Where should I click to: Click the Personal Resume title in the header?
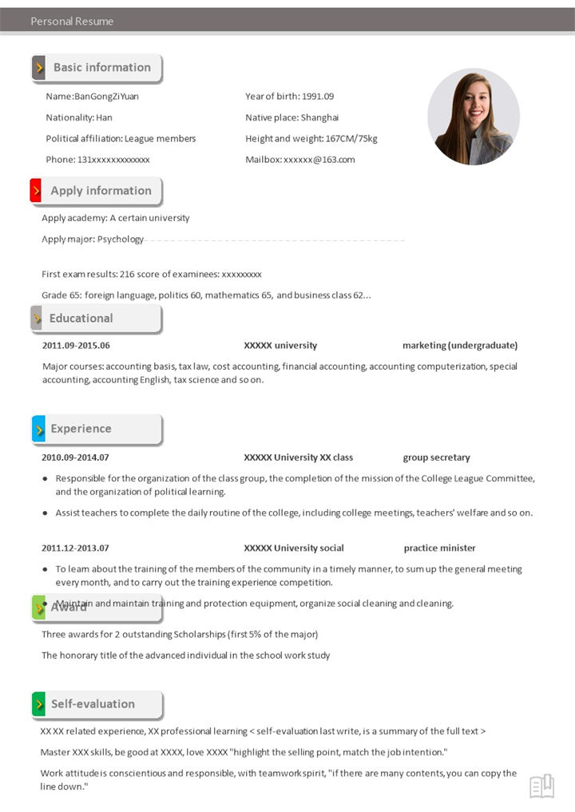72,22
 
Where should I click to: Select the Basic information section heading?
101,68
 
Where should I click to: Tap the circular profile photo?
474,117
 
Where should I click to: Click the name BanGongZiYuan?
106,97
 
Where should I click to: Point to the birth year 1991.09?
318,97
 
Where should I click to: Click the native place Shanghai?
319,117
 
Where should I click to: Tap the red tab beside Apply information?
36,191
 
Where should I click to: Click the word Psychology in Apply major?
121,239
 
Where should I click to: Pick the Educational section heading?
81,318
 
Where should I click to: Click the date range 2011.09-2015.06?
76,346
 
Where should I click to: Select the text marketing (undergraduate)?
460,346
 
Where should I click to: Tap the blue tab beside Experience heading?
38,429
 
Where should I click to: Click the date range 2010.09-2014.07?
75,457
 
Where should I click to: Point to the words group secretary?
436,457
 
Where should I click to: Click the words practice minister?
439,548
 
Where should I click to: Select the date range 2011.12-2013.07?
75,548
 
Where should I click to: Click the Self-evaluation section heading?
93,704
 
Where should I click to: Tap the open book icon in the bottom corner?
541,786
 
